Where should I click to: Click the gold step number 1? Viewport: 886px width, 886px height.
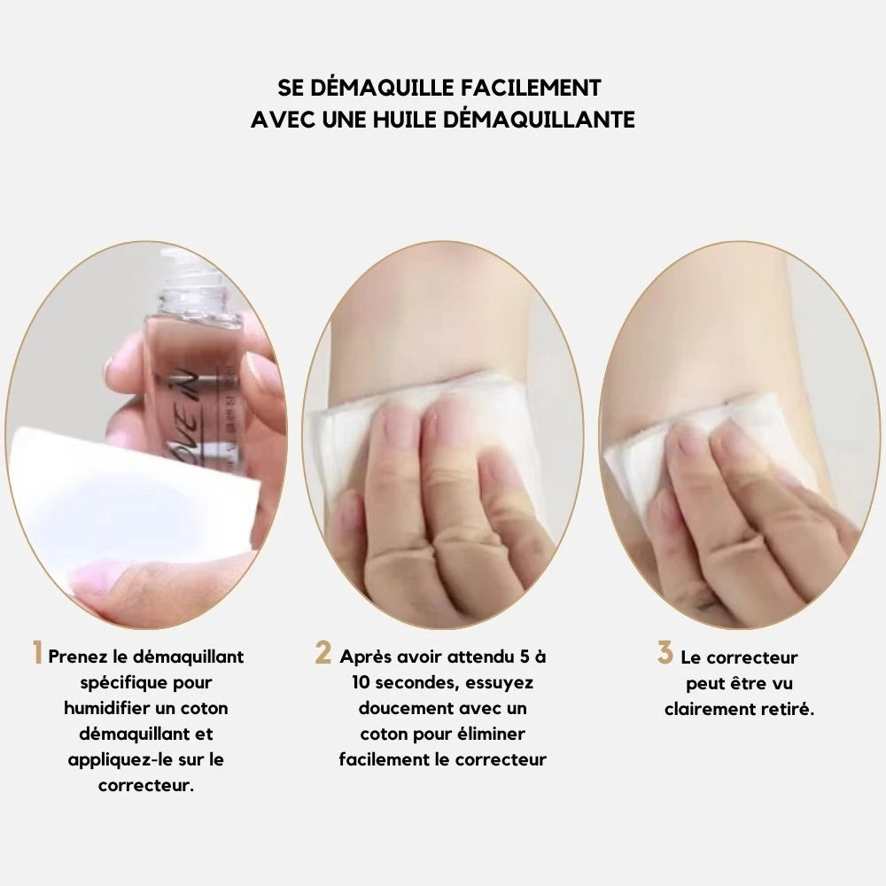[37, 653]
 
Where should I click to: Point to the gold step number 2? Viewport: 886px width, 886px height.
[323, 653]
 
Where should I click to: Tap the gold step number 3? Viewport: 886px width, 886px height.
[665, 653]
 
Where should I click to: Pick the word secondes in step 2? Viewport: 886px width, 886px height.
[416, 682]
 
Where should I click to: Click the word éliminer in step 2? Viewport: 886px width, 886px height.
[492, 734]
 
